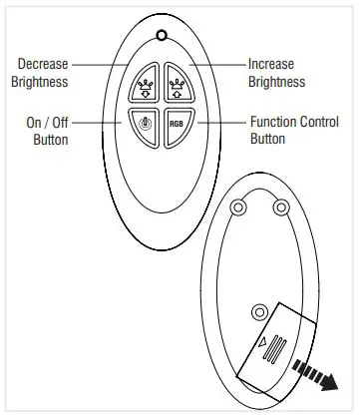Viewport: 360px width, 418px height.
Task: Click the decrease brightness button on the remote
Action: [x=143, y=87]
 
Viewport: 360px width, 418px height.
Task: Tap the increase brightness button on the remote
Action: [x=178, y=86]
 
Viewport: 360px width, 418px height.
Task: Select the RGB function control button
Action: [x=177, y=125]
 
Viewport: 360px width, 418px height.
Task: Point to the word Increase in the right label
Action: [x=270, y=64]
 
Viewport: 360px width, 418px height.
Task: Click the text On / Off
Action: [x=46, y=123]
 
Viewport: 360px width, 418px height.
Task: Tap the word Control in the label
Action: [x=317, y=123]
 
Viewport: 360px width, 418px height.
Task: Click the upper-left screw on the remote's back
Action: [x=238, y=208]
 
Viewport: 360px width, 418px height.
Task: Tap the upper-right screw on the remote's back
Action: [x=281, y=208]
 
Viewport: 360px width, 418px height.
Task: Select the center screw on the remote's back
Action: [x=260, y=310]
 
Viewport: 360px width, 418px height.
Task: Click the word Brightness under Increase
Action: [x=276, y=81]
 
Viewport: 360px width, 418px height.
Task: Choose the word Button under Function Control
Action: [x=266, y=140]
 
